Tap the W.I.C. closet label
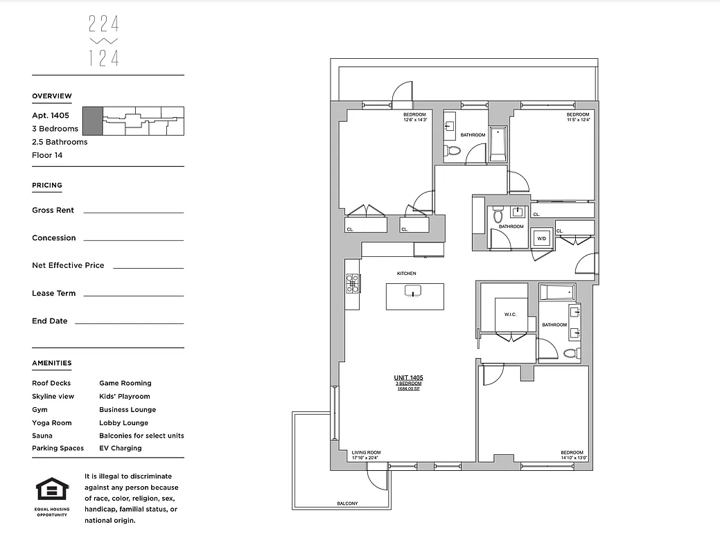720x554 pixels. click(x=511, y=314)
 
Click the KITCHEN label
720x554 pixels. click(x=406, y=274)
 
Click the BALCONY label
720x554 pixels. click(x=347, y=503)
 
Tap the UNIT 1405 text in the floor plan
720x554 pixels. click(x=409, y=377)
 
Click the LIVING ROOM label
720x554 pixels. click(x=366, y=451)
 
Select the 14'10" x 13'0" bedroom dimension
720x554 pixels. click(x=574, y=458)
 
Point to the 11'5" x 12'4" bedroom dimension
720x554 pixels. click(x=577, y=120)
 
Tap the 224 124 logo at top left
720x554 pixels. click(x=104, y=42)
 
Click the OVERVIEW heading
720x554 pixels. click(x=52, y=96)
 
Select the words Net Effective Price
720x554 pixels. click(x=68, y=265)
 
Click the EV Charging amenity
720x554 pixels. click(x=120, y=448)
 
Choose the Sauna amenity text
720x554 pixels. click(x=42, y=436)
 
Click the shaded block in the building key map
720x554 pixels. click(x=91, y=120)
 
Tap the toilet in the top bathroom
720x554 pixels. click(x=453, y=150)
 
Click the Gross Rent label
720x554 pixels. click(x=53, y=210)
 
